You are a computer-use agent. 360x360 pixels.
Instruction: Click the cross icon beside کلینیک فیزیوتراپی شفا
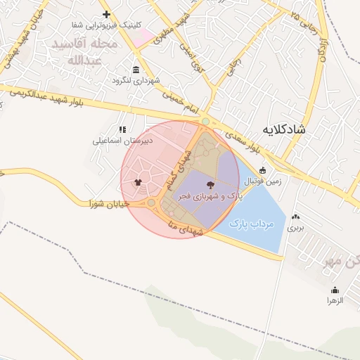tap(106, 14)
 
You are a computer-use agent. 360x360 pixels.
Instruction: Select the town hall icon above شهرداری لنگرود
tap(136, 70)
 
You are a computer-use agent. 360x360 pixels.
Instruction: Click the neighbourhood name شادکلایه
tap(287, 129)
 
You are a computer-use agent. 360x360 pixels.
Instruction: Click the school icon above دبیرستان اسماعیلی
tap(122, 130)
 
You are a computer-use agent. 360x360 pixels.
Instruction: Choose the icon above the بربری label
tap(296, 217)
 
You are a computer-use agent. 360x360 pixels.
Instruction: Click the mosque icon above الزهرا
tap(335, 290)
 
